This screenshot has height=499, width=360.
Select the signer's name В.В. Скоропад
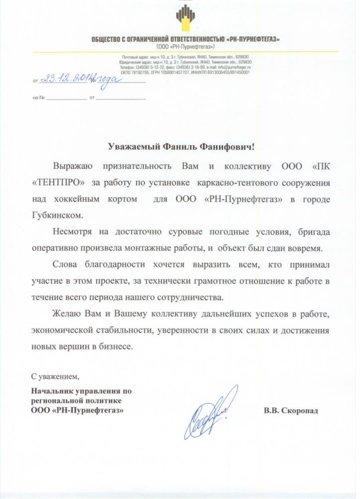pos(291,411)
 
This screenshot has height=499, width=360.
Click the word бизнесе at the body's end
pos(116,345)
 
